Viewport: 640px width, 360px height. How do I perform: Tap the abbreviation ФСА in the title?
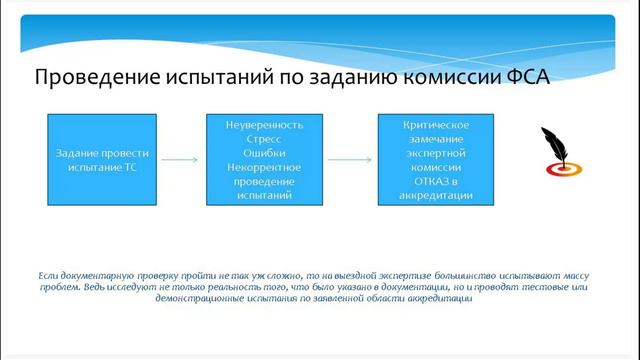[523, 77]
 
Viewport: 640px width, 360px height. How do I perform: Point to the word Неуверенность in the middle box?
[266, 127]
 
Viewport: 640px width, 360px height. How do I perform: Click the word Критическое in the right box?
[436, 127]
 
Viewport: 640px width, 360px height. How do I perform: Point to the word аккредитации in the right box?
[436, 197]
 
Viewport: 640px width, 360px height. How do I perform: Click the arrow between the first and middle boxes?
[181, 160]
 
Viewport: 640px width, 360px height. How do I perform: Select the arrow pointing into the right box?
[351, 160]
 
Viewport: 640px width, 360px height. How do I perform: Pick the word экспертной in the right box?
[436, 155]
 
